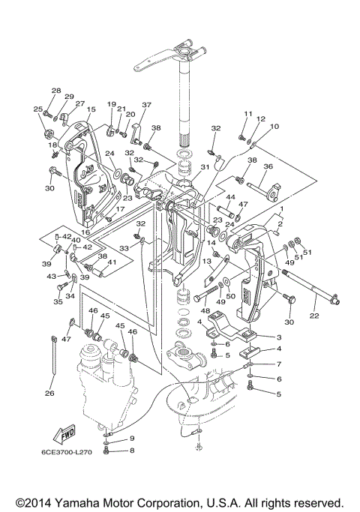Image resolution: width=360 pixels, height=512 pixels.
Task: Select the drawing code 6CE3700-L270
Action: coord(66,452)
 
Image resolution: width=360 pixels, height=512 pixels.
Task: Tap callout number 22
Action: coord(314,316)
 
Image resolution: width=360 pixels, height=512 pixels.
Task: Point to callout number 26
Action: coord(49,393)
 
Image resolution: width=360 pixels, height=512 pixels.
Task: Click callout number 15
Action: coord(91,109)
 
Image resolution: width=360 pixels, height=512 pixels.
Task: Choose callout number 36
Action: coord(268,166)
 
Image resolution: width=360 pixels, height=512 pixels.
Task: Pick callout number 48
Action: coord(205,311)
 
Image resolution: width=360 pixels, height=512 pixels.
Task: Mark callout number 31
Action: coord(205,166)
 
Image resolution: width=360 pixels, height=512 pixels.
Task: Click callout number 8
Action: coord(132,451)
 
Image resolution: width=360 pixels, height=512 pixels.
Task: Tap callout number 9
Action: coord(132,438)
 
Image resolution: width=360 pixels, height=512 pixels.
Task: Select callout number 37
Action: coord(147,104)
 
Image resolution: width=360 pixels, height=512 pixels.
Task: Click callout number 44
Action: coord(230,197)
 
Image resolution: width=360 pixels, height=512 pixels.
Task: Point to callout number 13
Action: coord(207,261)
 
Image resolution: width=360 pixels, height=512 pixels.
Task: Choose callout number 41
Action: coord(112,262)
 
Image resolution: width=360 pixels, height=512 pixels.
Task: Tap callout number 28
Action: coord(56,91)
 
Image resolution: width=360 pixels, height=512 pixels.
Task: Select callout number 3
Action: coord(279,337)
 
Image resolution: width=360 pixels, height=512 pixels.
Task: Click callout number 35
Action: coord(58,301)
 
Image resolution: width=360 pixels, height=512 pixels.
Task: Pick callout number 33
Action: coord(124,248)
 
